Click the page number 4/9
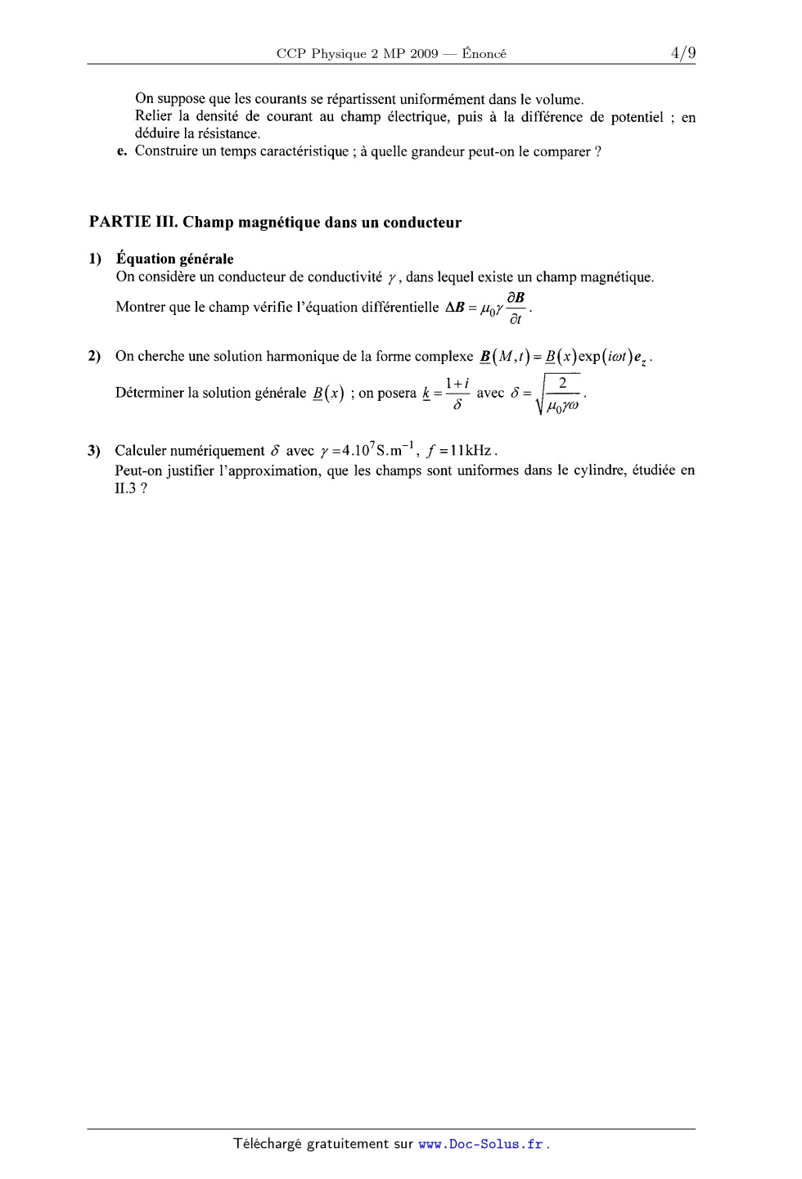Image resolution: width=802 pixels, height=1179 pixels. [683, 53]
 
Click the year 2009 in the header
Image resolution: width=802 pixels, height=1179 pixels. [423, 54]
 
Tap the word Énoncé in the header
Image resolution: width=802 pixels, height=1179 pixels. [484, 54]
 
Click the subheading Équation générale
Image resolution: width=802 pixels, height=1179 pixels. [175, 259]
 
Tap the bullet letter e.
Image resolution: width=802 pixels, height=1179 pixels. [121, 151]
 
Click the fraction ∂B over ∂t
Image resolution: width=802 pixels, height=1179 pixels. [516, 308]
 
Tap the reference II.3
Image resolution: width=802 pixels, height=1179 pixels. [127, 488]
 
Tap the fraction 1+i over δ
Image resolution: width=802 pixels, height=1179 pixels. [457, 393]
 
